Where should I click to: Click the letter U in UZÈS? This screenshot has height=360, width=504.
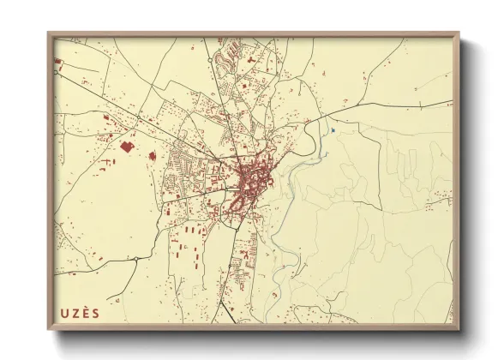click(64, 313)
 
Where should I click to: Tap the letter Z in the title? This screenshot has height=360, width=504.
click(75, 313)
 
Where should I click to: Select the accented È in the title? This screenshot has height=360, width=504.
click(85, 312)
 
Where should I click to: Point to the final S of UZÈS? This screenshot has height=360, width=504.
click(95, 313)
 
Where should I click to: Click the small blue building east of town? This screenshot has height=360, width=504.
click(331, 130)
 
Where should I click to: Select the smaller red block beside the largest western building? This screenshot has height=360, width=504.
click(152, 156)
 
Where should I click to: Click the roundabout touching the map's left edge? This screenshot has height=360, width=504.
click(56, 73)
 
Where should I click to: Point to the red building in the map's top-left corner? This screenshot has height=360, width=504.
click(58, 62)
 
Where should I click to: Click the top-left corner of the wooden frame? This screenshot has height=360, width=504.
click(48, 33)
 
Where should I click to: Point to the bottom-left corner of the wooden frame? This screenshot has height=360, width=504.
click(48, 330)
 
